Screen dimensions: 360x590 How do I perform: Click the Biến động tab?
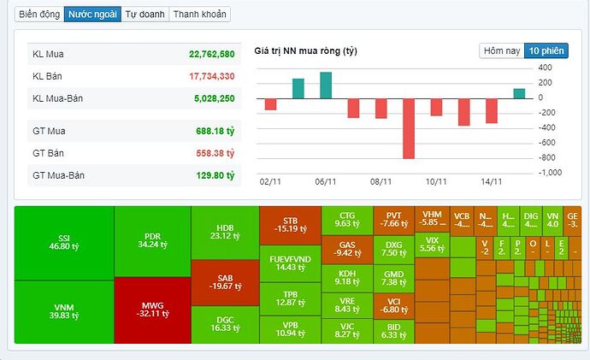coord(38,15)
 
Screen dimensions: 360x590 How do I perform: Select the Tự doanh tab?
coord(144,15)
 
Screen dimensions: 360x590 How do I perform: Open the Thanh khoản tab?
coord(198,15)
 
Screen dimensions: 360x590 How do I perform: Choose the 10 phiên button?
coord(546,50)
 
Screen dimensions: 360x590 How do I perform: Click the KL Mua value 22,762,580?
coord(211,54)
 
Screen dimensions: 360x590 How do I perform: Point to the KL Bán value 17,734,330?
coord(211,76)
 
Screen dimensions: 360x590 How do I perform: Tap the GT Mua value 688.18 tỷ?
coord(214,131)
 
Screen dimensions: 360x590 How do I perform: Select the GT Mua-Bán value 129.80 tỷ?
coord(214,175)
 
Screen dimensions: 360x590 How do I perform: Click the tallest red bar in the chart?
coord(409,127)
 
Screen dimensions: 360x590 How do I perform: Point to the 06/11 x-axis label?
coord(326,182)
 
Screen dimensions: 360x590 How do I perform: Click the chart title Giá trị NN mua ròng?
coord(305,51)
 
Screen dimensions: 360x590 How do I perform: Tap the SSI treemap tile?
coord(65,242)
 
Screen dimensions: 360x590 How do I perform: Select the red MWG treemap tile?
coord(153,310)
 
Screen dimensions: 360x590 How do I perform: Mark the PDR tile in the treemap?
coord(153,242)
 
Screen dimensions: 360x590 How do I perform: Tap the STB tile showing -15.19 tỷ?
coord(290,223)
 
